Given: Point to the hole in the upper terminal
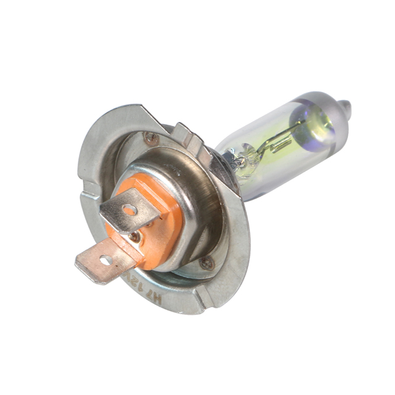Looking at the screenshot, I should [x=129, y=210].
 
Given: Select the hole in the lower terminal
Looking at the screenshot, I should [x=104, y=261].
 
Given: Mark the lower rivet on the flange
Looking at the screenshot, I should [x=207, y=264].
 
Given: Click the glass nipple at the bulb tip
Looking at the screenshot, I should [x=346, y=109].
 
